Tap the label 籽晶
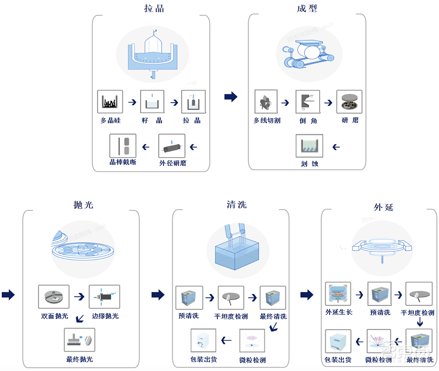click(x=152, y=120)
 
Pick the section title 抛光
click(x=83, y=205)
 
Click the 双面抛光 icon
click(x=54, y=298)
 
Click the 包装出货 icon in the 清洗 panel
click(x=204, y=341)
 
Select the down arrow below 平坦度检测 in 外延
click(x=420, y=323)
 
